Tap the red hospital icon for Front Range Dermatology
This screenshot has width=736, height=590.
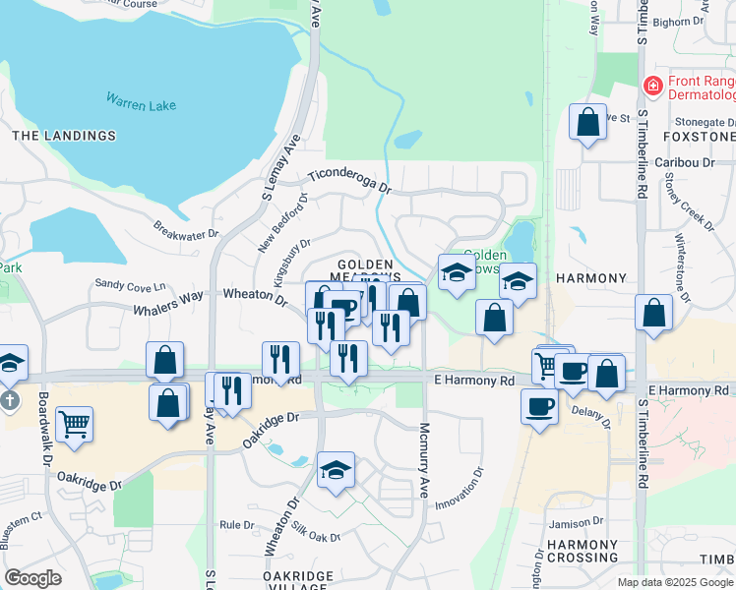point(651,87)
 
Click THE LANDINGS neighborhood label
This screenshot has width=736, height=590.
point(64,136)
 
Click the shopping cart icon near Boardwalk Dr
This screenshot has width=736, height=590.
point(74,425)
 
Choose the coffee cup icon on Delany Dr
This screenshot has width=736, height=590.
point(539,405)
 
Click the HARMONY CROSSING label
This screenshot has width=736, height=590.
point(582,551)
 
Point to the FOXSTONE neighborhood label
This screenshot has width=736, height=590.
point(699,136)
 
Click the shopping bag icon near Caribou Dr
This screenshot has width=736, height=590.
point(588,123)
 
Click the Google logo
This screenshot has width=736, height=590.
point(32,577)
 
